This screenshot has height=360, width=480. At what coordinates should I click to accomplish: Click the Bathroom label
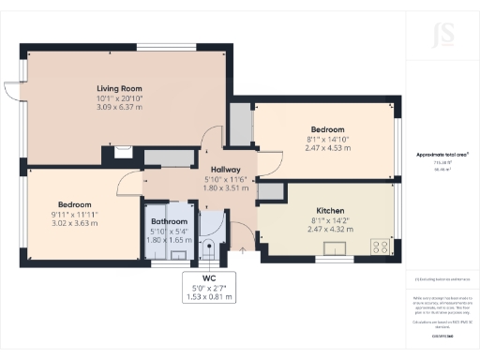tap(169, 221)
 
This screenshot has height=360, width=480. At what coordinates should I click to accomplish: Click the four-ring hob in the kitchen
tap(382, 247)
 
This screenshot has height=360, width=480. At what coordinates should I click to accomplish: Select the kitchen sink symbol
tap(333, 249)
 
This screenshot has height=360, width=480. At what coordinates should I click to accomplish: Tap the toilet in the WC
tap(210, 248)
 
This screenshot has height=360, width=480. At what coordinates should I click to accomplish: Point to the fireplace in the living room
tap(123, 150)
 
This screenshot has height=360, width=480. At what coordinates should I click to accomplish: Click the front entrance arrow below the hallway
tap(244, 249)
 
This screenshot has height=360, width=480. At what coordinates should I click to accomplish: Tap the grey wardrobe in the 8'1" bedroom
tap(241, 125)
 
